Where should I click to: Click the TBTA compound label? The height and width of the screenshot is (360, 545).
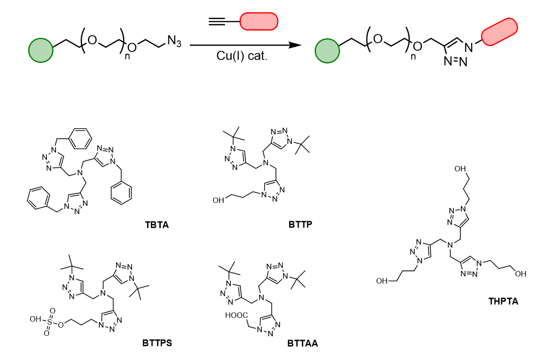coord(157,225)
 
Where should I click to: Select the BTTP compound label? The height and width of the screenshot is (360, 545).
coord(301,225)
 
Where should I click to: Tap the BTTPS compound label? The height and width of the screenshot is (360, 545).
coord(157,343)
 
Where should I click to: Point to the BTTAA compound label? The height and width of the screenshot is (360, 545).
coord(302,344)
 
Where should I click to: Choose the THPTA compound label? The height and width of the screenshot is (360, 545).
coord(503,301)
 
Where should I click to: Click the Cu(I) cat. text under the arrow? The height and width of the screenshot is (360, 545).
coord(242,56)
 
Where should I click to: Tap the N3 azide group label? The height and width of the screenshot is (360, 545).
coord(174,41)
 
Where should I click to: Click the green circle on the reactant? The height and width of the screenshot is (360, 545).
coord(41,51)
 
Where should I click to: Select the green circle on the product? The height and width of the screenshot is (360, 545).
coord(327,51)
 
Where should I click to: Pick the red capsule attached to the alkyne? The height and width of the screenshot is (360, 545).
coord(259,21)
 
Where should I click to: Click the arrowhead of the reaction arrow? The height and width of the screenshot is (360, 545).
coord(295,45)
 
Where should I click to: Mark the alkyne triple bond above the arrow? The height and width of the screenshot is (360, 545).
coord(217,21)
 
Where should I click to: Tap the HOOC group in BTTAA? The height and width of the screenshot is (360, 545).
coord(236,315)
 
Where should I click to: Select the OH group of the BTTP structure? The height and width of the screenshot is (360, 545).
coord(218,201)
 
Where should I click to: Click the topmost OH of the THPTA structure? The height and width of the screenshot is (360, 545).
coord(460,169)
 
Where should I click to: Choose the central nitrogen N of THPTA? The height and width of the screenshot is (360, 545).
coord(450,245)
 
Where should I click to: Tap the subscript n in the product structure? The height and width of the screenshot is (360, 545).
coord(413,57)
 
